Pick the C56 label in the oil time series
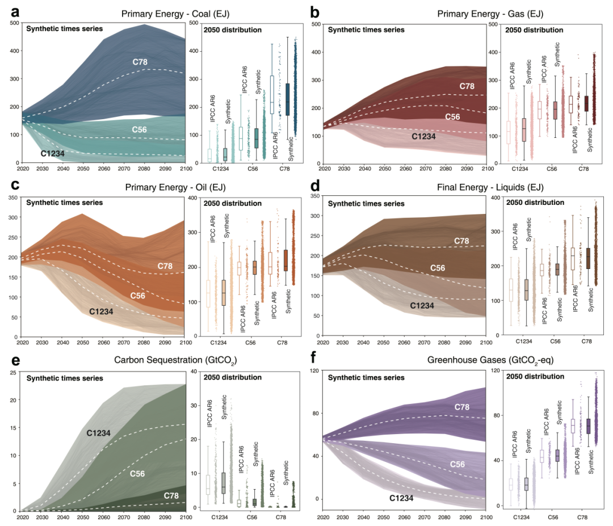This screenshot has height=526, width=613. point(141,296)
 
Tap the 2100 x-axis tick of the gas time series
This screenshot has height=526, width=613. point(484,169)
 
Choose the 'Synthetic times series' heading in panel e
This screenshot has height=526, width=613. point(65,378)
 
